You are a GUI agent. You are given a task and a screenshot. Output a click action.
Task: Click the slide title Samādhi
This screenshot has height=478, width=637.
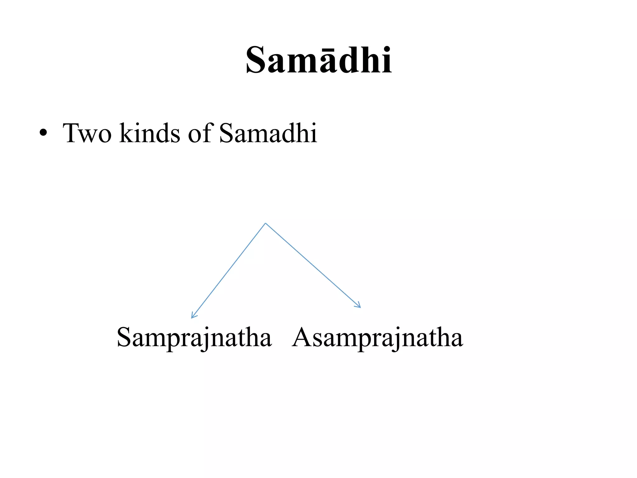(x=318, y=60)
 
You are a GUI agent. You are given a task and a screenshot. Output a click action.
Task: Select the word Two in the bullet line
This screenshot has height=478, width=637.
(x=87, y=133)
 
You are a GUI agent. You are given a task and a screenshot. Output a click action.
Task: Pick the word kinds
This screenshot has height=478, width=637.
(x=150, y=133)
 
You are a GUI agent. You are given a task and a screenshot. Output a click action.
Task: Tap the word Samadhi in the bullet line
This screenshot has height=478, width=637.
(x=268, y=133)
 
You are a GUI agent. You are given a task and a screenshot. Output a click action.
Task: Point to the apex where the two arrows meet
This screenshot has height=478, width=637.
(x=265, y=223)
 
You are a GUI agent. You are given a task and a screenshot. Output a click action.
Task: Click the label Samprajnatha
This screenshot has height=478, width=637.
(x=194, y=338)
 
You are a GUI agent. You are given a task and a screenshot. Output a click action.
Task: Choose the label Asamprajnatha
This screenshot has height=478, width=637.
(x=378, y=338)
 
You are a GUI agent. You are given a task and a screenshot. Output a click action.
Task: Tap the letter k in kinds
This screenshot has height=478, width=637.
(x=126, y=133)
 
